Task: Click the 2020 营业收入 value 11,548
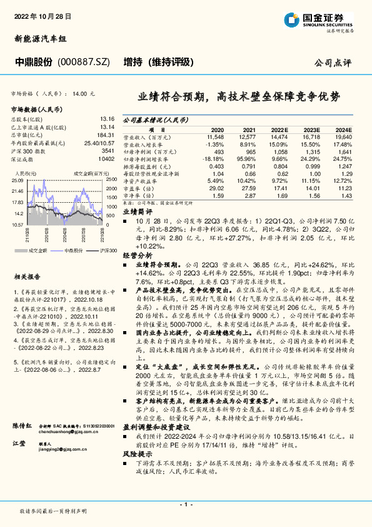[x=214, y=136]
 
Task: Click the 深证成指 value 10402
[x=106, y=160]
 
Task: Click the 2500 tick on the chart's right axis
[x=111, y=180]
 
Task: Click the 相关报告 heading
[x=28, y=258]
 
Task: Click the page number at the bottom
[x=186, y=503]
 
